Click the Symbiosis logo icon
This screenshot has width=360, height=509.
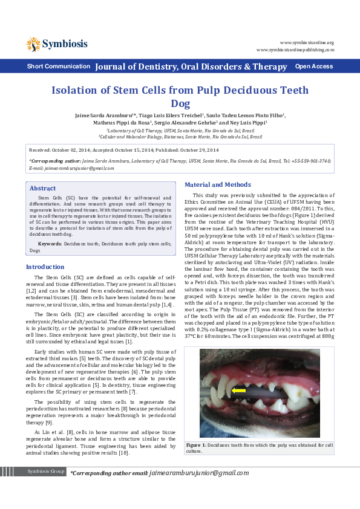click(x=33, y=44)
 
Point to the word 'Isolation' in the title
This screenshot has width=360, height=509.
click(x=79, y=91)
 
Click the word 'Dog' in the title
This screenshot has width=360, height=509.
click(x=180, y=103)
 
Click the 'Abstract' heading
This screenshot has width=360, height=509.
click(x=42, y=189)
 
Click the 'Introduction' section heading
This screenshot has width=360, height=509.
click(x=45, y=267)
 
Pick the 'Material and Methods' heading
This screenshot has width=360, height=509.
click(x=217, y=184)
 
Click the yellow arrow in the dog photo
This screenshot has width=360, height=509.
click(x=238, y=391)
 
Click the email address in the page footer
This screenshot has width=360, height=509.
click(x=199, y=472)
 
